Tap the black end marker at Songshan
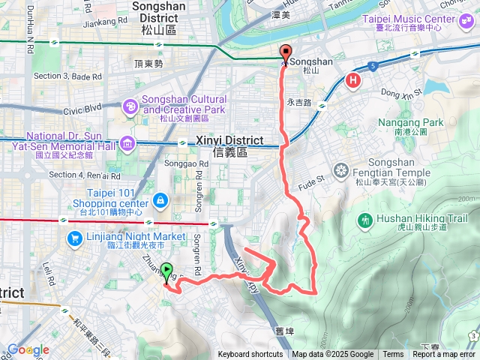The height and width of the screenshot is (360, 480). coord(286,53)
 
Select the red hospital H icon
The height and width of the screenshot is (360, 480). coord(352,80)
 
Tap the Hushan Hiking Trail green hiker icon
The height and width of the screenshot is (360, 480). coord(365,220)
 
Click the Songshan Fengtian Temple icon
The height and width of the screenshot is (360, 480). coord(340,169)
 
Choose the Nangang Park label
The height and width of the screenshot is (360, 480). coord(412,122)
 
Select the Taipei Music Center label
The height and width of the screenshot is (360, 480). coord(409,18)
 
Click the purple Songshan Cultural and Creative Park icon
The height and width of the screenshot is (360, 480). coord(130,108)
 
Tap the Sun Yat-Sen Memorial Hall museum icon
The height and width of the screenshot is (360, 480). coord(127,142)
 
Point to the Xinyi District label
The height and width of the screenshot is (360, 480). coord(229,140)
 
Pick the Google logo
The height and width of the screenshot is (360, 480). coord(28,349)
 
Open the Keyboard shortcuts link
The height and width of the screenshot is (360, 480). coord(250,355)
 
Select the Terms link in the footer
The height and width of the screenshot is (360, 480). coord(393,355)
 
